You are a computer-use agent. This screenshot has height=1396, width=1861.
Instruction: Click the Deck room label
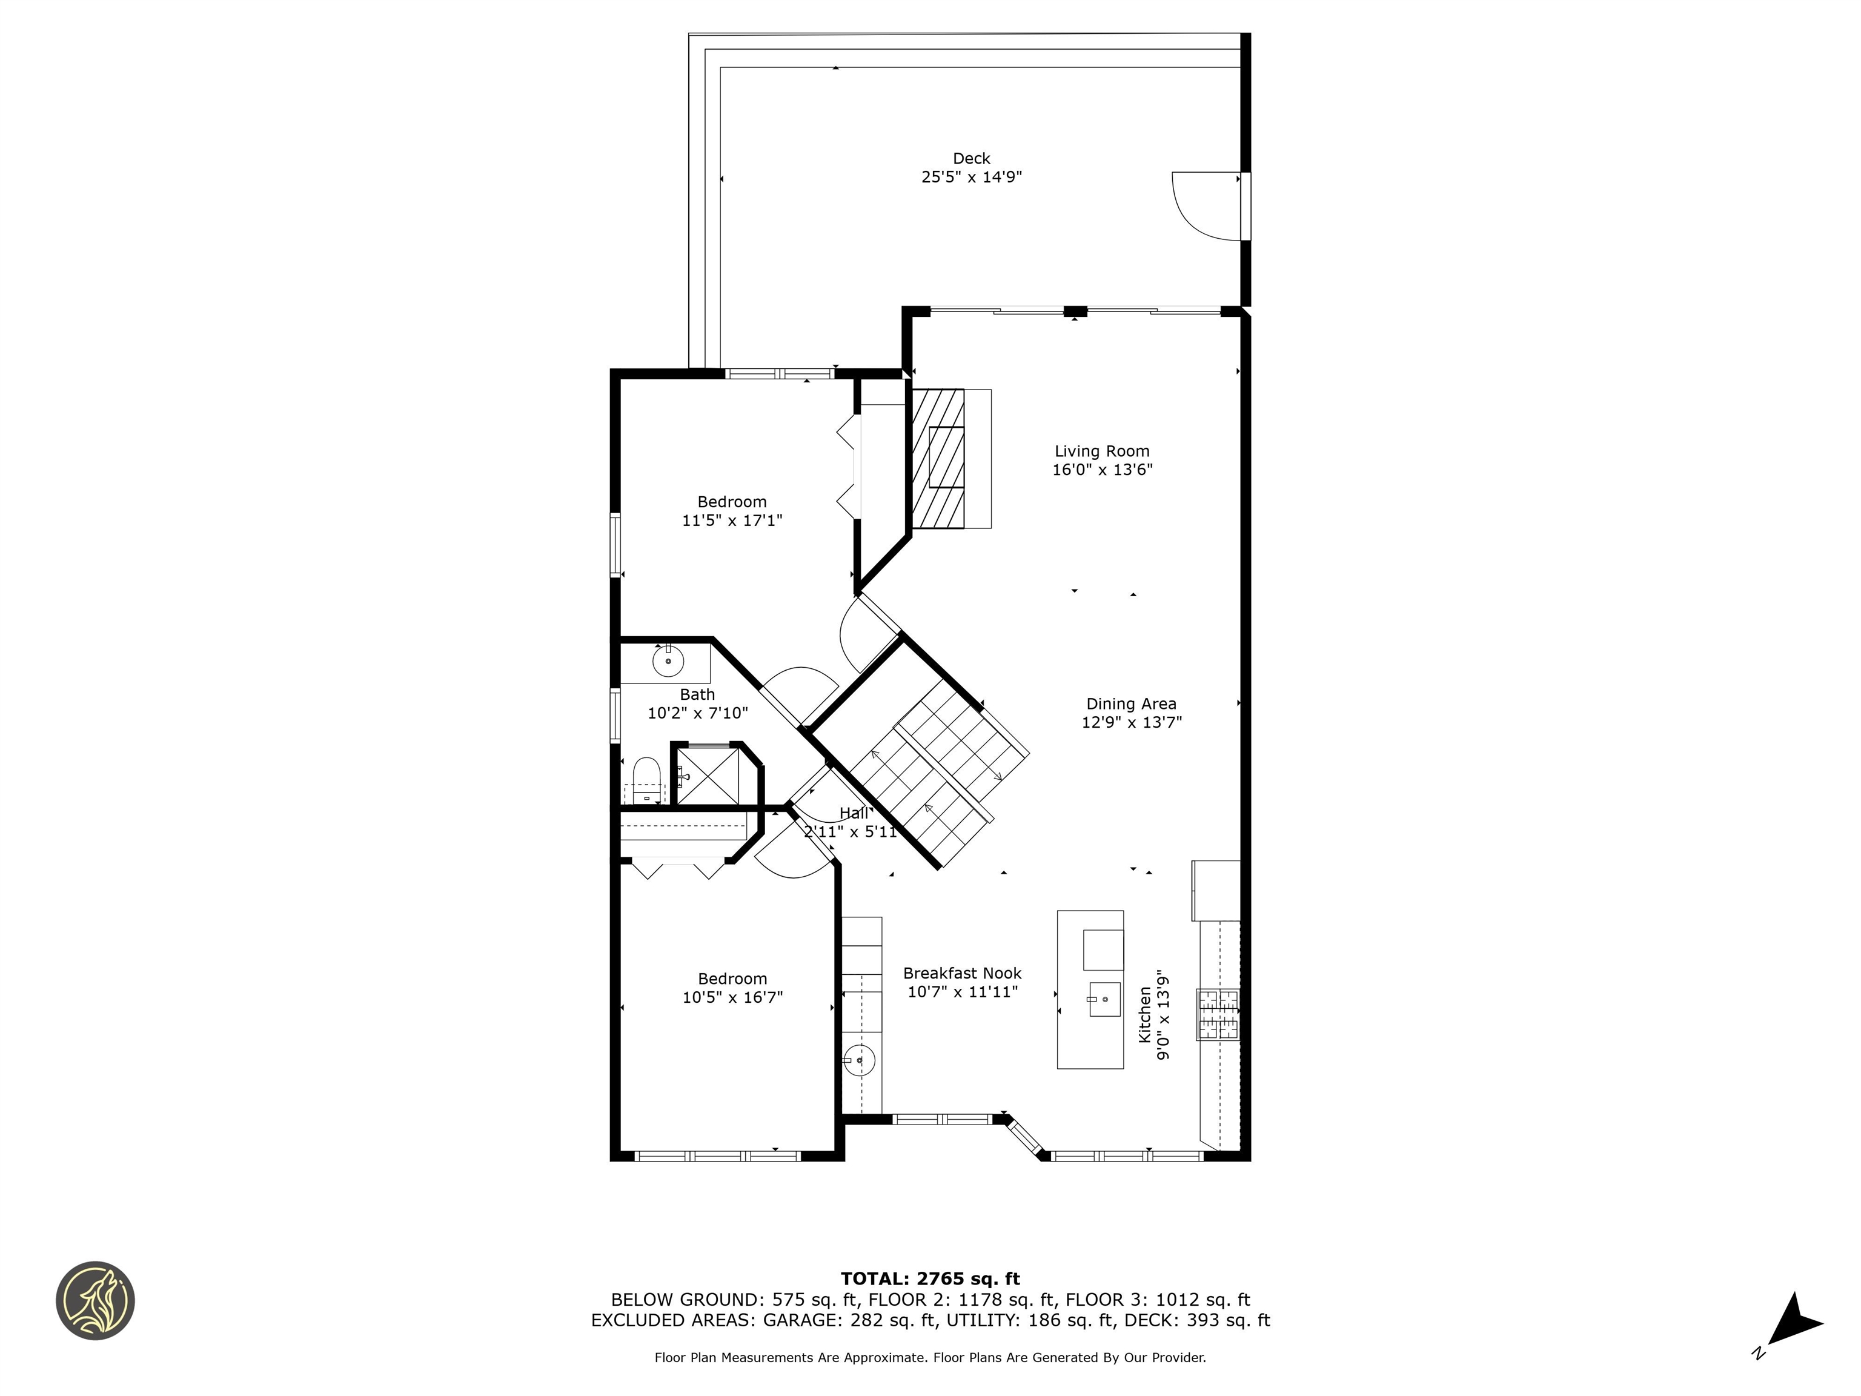(x=971, y=158)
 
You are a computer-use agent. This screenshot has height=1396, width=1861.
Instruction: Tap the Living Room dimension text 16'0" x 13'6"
(x=1101, y=470)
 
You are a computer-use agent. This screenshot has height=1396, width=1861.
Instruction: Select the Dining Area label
(x=1131, y=704)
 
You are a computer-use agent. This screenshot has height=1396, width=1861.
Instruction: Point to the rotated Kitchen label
(x=1145, y=1015)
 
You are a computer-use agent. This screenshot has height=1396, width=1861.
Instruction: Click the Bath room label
(x=697, y=695)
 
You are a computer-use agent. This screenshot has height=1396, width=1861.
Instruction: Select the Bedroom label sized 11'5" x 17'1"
(x=731, y=502)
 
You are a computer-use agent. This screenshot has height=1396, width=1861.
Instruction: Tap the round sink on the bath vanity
(x=668, y=662)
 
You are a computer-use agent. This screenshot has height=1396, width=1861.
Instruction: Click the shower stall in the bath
(x=707, y=776)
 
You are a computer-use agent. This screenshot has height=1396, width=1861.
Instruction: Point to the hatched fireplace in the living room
(x=938, y=459)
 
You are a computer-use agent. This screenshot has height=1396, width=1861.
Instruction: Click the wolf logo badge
(x=95, y=1300)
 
